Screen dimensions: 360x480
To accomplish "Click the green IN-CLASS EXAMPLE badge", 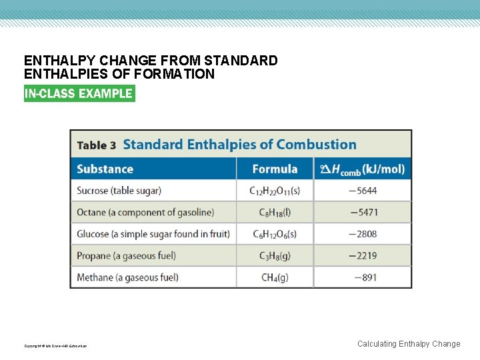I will click(79, 93).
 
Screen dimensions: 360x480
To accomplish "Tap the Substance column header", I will click(105, 169).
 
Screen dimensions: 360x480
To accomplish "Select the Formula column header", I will click(275, 169).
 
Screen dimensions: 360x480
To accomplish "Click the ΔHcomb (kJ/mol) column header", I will click(363, 169).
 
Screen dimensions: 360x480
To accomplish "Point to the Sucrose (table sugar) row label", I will click(119, 191).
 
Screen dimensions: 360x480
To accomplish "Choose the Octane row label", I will click(145, 212).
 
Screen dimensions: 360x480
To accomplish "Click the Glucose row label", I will click(153, 234).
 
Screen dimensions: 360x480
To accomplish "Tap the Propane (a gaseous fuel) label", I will click(127, 255).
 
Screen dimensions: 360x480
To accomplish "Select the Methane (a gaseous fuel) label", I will click(127, 277).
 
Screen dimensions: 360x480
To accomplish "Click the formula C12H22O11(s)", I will click(275, 191).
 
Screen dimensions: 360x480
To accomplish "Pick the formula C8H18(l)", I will click(275, 213).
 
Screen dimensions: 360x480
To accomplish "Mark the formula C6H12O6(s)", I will click(275, 235).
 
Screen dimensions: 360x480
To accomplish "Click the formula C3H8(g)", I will click(275, 256).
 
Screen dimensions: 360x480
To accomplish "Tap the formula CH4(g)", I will click(275, 277).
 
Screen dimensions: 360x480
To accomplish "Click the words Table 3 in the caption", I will click(97, 145).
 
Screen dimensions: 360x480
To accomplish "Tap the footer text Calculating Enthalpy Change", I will click(408, 344).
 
